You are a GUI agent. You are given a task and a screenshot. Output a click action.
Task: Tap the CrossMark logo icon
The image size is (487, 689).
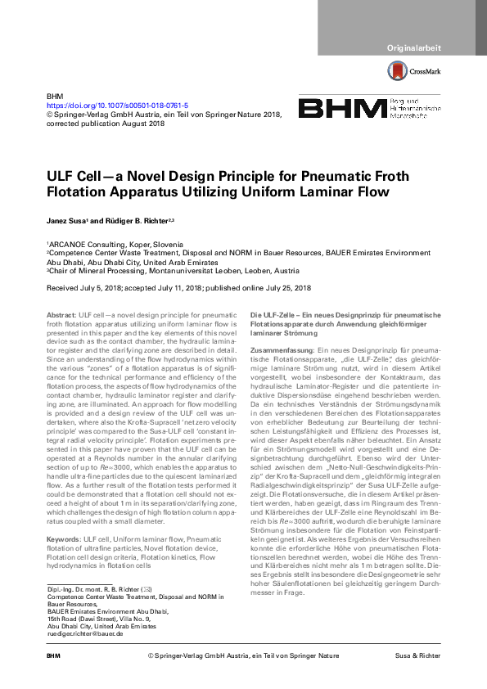397,71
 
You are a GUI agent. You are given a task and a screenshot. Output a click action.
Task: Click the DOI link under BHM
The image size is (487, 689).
117,106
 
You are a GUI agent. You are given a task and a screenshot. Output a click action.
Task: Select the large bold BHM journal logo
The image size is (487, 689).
342,109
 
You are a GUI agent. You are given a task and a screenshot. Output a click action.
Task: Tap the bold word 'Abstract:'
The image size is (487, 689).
61,315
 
